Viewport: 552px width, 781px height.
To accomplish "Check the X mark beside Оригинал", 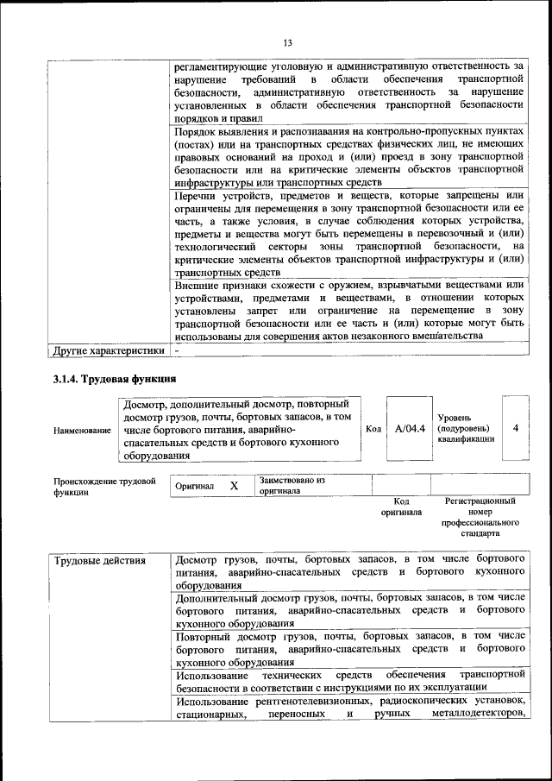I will pyautogui.click(x=234, y=486).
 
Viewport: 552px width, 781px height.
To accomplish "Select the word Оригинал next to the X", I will pyautogui.click(x=194, y=487).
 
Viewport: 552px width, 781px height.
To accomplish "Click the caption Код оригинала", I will pyautogui.click(x=401, y=507).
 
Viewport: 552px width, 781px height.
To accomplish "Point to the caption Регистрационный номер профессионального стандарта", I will pyautogui.click(x=480, y=517).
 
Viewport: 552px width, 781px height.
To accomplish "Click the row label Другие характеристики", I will pyautogui.click(x=108, y=351).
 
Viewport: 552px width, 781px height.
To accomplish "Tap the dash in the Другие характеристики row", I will pyautogui.click(x=177, y=351).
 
